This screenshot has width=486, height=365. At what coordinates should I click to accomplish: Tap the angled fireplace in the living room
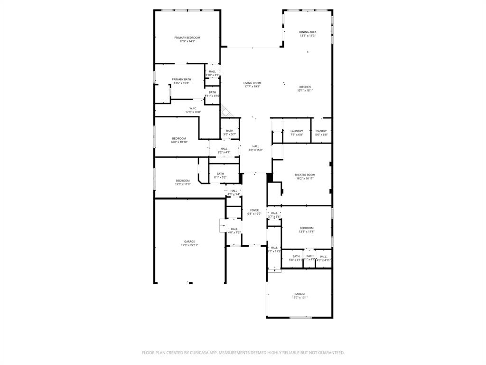tap(227, 112)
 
